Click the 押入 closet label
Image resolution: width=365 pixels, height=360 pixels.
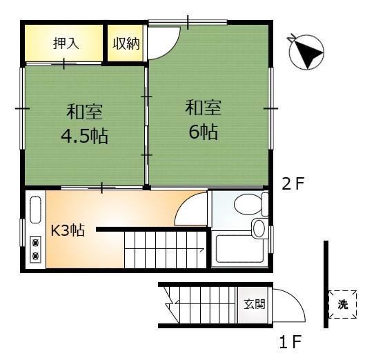point(66,43)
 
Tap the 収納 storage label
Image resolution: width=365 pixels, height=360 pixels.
point(126,43)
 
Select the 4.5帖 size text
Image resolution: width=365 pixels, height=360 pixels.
point(84,136)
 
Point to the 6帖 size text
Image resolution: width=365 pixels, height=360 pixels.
point(204,132)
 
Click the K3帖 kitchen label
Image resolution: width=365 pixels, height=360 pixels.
point(68,230)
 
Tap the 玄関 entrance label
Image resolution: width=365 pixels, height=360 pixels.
point(255,304)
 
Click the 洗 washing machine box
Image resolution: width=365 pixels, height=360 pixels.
point(343,304)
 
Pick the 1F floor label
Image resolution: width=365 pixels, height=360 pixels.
point(290,341)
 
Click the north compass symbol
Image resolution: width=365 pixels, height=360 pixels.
point(306,52)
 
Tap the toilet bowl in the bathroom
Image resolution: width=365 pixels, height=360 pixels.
point(248,205)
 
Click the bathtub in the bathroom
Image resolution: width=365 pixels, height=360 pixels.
point(239,249)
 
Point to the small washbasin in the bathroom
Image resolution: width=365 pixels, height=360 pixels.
point(259,228)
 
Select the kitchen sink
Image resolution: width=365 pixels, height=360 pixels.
point(35,210)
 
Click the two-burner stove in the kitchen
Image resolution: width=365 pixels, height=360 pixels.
point(35,250)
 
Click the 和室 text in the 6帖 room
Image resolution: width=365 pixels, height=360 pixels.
point(204,108)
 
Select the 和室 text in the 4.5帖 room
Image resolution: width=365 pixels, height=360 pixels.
point(84,112)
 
